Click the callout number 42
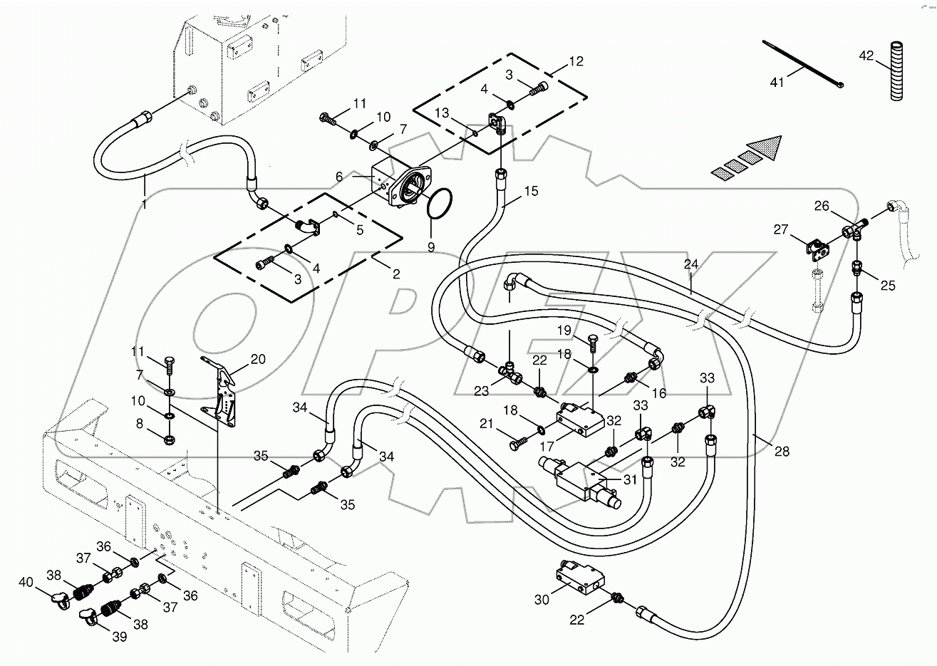[x=865, y=55]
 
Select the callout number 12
[x=575, y=62]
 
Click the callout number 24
[x=690, y=264]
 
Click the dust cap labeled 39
[x=87, y=615]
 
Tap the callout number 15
[x=531, y=191]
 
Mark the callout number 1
[x=145, y=205]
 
